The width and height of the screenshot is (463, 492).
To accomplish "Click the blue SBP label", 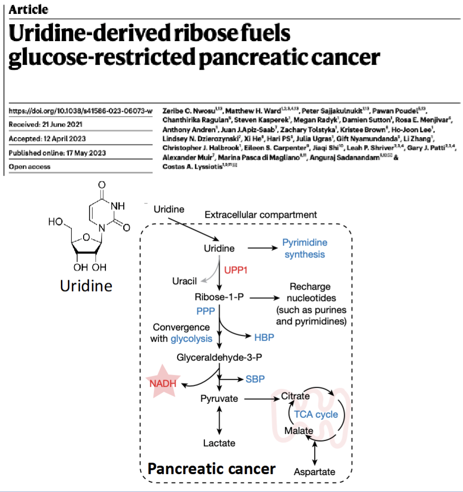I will point(255,379).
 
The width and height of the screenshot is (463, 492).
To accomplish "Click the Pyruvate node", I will point(219,398).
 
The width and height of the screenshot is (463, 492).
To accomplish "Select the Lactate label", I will point(219,443).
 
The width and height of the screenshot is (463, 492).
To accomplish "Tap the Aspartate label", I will point(315,472).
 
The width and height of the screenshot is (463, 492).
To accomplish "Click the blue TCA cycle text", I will point(316,414).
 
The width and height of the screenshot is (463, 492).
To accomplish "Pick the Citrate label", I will point(295,396).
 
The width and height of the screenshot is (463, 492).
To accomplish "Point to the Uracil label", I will point(185,281).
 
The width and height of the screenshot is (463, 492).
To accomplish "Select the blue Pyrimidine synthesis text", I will point(305,248).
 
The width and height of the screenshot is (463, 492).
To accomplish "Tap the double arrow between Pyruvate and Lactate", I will point(219,421).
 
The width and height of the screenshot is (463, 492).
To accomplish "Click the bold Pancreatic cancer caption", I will point(212,468).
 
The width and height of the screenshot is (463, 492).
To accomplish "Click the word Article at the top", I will point(29,9).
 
